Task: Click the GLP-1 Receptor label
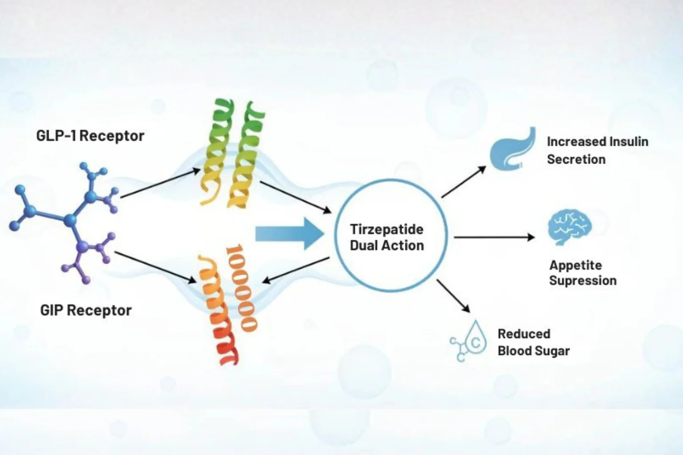(x=90, y=136)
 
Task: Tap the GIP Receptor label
(x=86, y=311)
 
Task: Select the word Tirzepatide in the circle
(x=387, y=229)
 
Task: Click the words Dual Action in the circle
(x=387, y=245)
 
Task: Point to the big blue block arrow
(x=289, y=234)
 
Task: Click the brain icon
(x=570, y=227)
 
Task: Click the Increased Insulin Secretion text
(x=598, y=151)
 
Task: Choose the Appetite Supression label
(x=583, y=273)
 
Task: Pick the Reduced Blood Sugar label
(x=534, y=342)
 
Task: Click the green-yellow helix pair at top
(x=233, y=153)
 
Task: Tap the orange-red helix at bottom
(x=227, y=305)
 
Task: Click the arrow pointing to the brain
(x=494, y=237)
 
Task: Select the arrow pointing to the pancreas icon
(x=464, y=182)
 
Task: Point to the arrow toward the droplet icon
(x=454, y=296)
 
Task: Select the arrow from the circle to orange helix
(x=296, y=270)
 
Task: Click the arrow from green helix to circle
(x=295, y=197)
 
